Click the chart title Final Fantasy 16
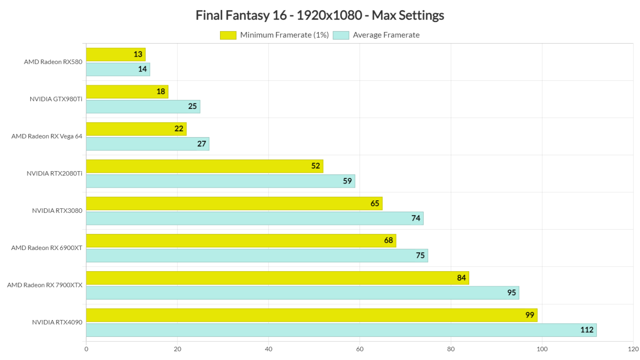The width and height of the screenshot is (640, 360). tap(320, 15)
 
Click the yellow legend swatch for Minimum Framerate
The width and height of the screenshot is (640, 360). tap(228, 35)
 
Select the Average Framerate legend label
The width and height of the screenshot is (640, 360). tap(386, 35)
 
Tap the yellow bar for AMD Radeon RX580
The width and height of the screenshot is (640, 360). tap(115, 55)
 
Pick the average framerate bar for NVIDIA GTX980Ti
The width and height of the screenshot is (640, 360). tap(143, 107)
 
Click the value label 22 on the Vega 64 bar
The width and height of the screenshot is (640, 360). tap(179, 129)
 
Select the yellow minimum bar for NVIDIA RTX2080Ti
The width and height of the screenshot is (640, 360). tap(204, 166)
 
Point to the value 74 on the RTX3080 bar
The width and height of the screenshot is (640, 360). tap(415, 218)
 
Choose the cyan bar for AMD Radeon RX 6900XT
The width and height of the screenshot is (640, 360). tap(257, 255)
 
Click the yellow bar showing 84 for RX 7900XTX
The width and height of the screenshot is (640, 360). tap(277, 278)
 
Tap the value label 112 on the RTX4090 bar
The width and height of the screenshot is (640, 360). tap(587, 330)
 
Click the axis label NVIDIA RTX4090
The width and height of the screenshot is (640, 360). tap(57, 322)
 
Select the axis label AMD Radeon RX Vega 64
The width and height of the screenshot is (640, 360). tap(47, 136)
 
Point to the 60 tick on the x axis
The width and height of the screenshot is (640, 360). tap(360, 349)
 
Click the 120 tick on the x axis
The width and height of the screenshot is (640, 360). tap(633, 349)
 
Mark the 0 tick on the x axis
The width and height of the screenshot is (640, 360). tap(86, 349)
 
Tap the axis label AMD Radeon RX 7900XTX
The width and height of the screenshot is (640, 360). tap(45, 285)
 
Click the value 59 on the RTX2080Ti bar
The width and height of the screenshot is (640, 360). tap(347, 181)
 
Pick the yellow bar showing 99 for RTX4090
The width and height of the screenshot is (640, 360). tap(311, 315)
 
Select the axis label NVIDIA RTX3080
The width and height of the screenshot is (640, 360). tap(57, 211)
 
